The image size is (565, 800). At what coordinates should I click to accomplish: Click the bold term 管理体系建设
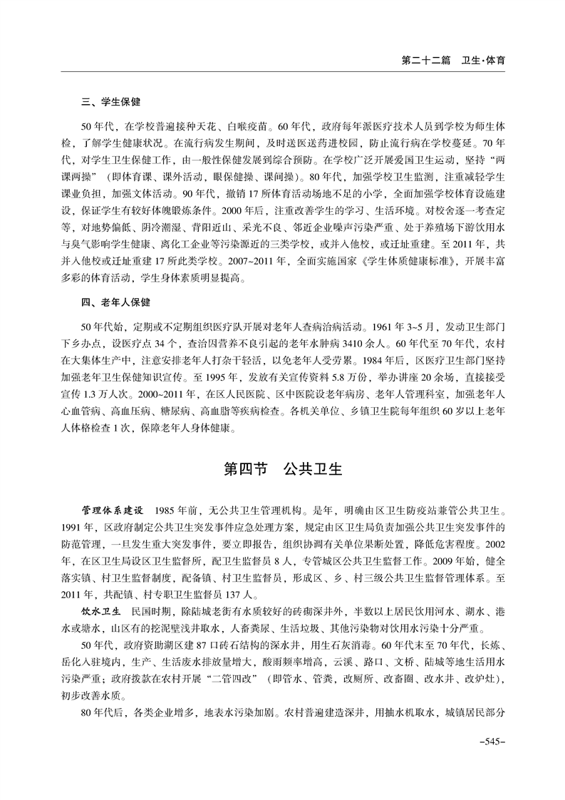(113, 511)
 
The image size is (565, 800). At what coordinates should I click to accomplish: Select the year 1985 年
(175, 511)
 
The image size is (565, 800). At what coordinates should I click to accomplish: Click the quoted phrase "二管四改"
(230, 678)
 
